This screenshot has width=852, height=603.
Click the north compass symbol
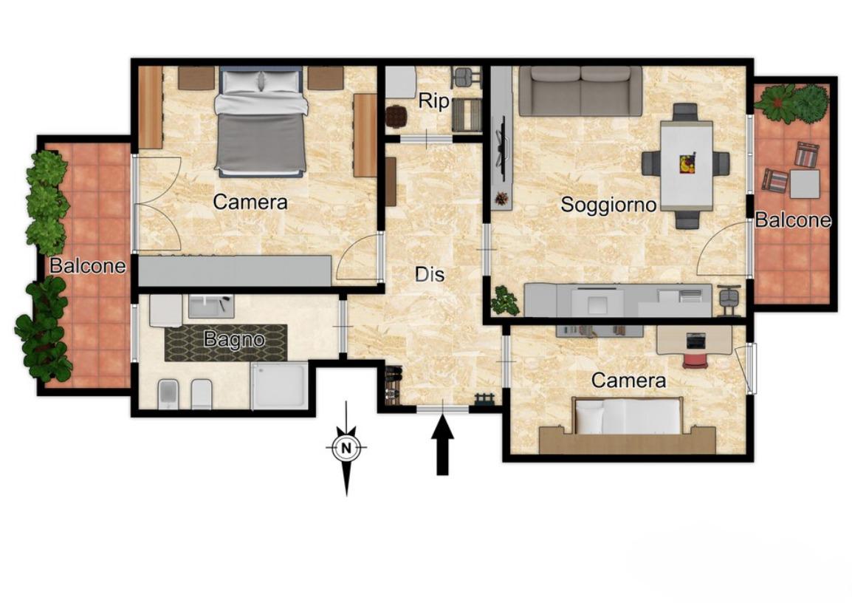(347, 449)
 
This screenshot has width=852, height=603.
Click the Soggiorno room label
(608, 205)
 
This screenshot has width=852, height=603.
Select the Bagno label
(234, 340)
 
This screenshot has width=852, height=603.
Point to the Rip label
(433, 101)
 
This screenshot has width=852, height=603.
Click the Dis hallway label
(430, 275)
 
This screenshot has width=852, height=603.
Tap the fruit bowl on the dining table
(687, 163)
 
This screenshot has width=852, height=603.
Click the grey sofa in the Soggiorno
(580, 91)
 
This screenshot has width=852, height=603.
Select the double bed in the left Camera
(261, 122)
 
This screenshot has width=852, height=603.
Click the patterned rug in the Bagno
(226, 343)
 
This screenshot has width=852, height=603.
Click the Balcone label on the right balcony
(793, 220)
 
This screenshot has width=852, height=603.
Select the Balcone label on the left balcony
(87, 266)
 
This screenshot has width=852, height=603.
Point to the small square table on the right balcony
(805, 184)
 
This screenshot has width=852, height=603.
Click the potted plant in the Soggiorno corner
(504, 301)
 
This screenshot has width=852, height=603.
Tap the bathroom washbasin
(211, 306)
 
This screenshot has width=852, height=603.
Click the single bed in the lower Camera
(628, 416)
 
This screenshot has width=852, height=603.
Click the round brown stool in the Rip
(396, 115)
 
